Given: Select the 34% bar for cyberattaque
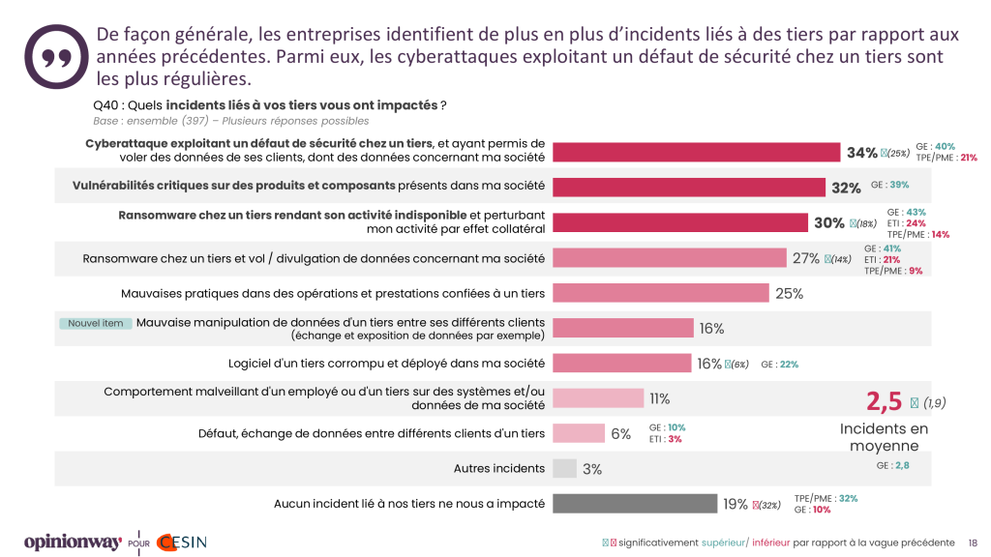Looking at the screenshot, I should tap(695, 152).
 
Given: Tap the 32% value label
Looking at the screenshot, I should tap(845, 188).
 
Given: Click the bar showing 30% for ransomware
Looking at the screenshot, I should tap(679, 222).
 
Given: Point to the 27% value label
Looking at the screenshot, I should tap(806, 258).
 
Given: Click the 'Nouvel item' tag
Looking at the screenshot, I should tap(94, 323).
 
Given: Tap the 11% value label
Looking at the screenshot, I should tap(660, 398).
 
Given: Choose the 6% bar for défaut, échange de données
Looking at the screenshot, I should tap(579, 433).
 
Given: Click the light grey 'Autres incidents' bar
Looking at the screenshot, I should tap(564, 469).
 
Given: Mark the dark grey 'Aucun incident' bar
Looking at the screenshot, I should tap(633, 504).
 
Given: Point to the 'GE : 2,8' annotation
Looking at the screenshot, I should tap(892, 466).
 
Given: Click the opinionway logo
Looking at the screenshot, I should tap(71, 542).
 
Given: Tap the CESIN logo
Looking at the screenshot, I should tap(181, 542).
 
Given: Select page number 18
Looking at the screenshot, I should tap(973, 542).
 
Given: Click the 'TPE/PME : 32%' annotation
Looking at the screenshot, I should tap(826, 498).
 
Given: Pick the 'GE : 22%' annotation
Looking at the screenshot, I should tap(780, 365).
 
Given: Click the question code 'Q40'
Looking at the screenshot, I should tap(105, 104).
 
